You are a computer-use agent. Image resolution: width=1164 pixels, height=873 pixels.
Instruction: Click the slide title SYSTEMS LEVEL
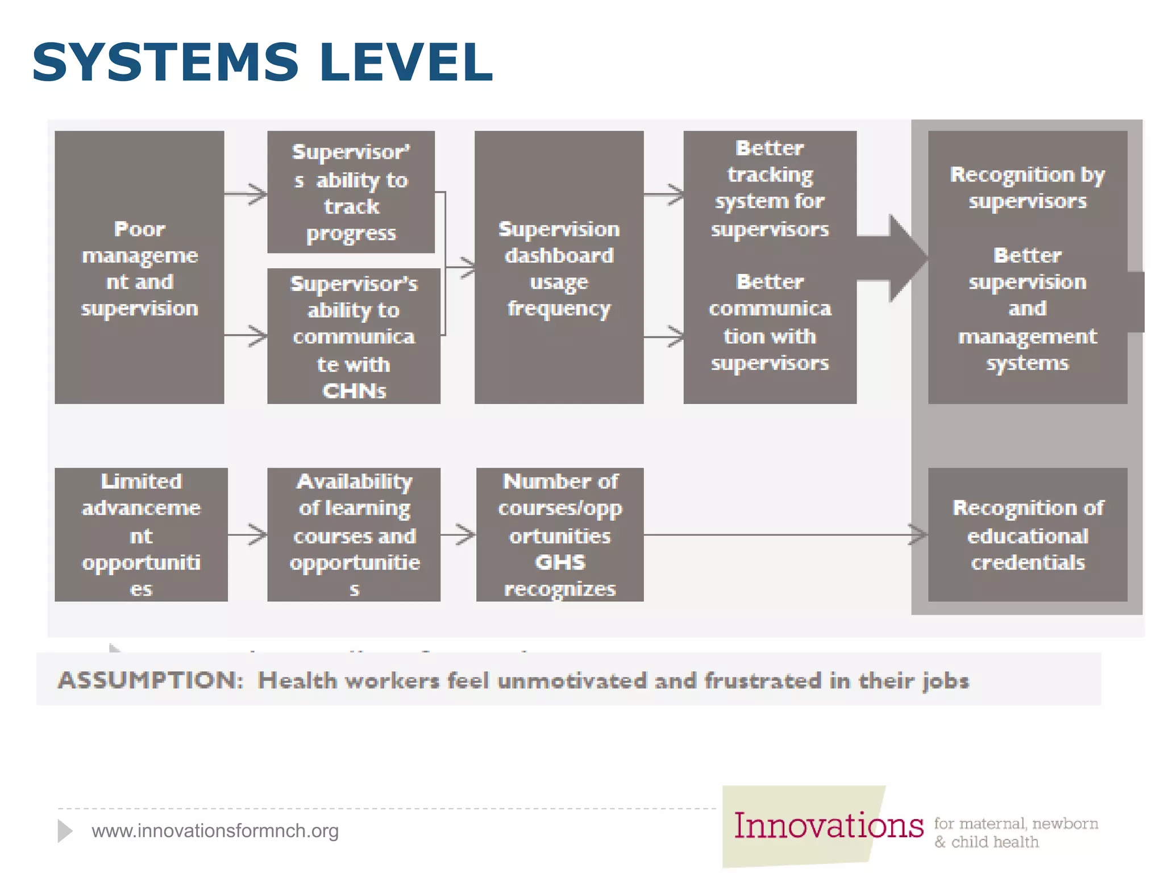click(262, 63)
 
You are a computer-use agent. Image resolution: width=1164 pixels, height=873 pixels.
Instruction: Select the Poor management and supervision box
click(139, 268)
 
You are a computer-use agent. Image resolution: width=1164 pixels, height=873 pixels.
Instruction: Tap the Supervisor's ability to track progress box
click(351, 192)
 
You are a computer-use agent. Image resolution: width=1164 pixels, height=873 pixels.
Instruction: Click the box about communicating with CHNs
click(354, 336)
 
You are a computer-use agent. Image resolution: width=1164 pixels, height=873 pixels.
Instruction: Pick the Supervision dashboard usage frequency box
click(559, 268)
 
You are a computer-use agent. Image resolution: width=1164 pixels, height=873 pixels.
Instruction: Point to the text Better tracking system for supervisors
click(770, 188)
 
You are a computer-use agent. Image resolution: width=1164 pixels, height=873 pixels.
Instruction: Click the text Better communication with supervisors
click(770, 322)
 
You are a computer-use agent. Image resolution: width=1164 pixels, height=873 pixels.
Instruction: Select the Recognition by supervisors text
click(1027, 188)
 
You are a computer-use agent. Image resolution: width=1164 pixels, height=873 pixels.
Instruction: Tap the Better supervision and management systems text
click(1027, 309)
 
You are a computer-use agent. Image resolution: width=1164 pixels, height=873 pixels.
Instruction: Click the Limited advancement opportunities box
click(141, 534)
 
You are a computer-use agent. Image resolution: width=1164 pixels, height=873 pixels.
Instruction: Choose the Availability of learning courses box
click(354, 534)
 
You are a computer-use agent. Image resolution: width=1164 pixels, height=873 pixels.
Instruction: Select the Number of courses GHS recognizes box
click(559, 534)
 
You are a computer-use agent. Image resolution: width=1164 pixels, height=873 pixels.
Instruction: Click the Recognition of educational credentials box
click(1027, 534)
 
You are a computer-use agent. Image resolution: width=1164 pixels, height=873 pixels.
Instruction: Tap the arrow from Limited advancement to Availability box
click(248, 534)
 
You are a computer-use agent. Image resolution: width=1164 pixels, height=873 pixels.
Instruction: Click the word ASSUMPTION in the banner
click(151, 680)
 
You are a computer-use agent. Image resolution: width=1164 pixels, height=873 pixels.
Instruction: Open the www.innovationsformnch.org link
click(215, 831)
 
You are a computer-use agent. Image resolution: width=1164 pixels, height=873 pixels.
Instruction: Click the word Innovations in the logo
click(828, 826)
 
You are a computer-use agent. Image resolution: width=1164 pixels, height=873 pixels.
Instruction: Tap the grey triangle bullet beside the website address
click(64, 831)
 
